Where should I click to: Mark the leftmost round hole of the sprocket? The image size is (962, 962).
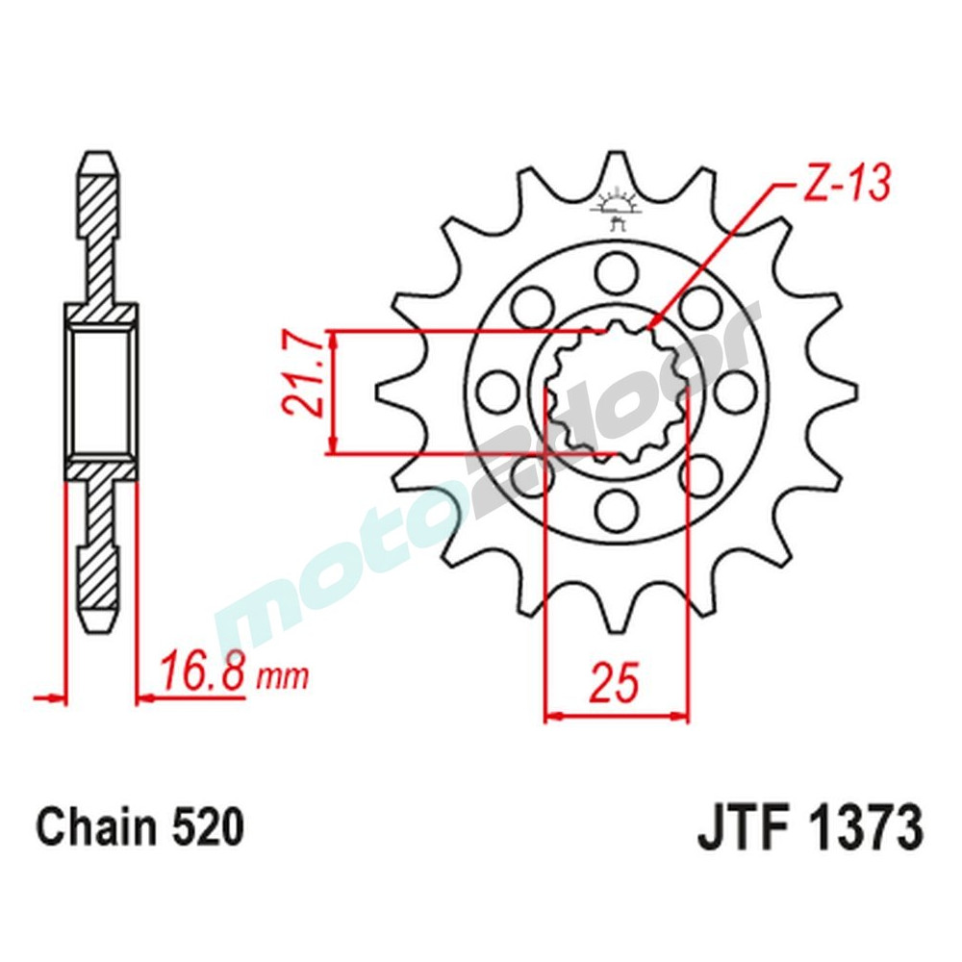coord(496,390)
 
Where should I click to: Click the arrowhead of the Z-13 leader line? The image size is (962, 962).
coord(654,324)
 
